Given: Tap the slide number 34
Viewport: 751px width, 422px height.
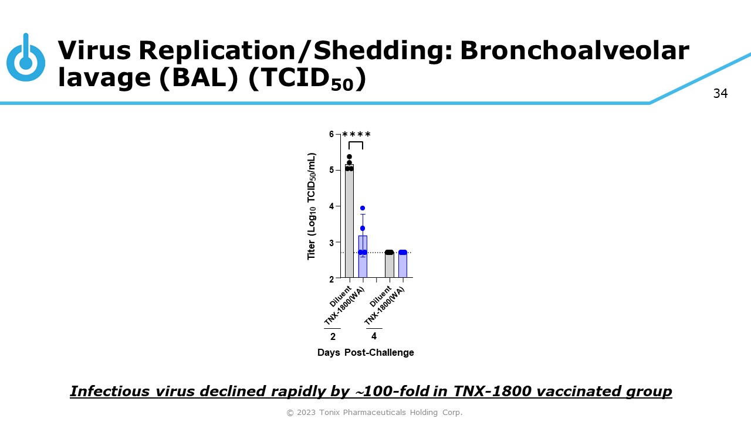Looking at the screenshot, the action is pos(720,93).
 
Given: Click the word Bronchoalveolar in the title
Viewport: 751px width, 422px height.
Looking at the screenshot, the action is pos(574,50).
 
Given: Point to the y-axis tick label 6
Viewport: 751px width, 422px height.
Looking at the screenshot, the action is pos(331,134).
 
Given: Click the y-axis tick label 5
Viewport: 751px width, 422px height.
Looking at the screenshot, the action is pos(331,170).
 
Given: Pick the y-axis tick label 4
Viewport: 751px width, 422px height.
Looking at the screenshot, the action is pos(331,206).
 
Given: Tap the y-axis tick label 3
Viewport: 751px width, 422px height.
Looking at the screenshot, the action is pos(331,243).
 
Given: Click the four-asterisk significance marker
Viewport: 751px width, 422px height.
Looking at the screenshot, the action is pos(356,135).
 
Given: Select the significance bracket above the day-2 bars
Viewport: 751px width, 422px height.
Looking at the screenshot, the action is pos(356,142).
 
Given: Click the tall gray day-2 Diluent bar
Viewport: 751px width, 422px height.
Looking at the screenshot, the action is pos(349,221).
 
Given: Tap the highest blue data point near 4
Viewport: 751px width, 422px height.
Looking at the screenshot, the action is pos(363,208).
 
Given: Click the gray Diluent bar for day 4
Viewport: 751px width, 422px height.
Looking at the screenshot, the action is pos(389,265).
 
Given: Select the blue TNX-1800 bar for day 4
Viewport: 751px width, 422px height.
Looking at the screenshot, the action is pos(402,265).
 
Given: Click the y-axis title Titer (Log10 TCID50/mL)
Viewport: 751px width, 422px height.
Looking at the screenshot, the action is pos(312,206).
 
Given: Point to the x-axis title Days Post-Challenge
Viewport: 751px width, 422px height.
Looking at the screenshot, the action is pos(366,352).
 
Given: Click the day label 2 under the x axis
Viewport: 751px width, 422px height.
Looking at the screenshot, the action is pos(333,336).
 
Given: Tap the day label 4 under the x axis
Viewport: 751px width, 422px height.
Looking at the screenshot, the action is pos(374,336).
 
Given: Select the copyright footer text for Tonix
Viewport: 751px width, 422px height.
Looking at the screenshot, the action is pos(374,412).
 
